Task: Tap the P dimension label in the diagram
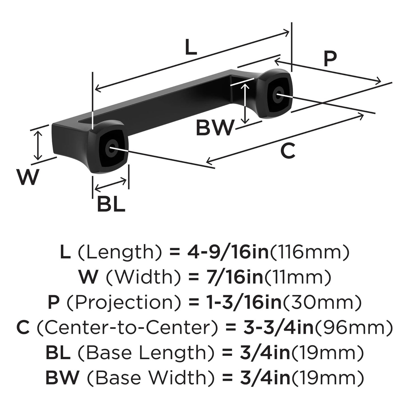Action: (x=330, y=59)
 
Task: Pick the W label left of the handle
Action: (x=27, y=177)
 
